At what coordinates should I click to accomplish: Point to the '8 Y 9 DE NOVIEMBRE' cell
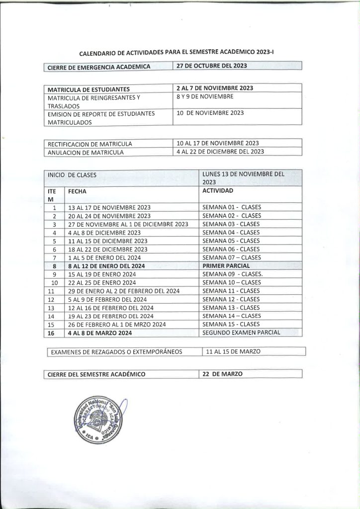click(205, 96)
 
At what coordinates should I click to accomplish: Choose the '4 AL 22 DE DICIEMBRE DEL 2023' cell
click(220, 152)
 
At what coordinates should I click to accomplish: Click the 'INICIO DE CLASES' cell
click(72, 175)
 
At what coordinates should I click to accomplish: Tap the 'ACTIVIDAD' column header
click(218, 190)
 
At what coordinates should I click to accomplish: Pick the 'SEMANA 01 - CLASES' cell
click(231, 207)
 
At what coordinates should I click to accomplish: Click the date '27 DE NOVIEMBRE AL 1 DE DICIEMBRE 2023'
click(128, 224)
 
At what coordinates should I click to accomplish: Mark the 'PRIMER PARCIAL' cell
click(226, 266)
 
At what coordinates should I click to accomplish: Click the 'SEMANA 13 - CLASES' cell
click(231, 308)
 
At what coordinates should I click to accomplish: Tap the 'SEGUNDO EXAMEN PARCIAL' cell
click(241, 333)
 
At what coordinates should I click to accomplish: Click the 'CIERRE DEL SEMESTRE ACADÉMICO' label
click(96, 374)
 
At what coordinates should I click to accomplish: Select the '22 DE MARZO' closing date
click(222, 374)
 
